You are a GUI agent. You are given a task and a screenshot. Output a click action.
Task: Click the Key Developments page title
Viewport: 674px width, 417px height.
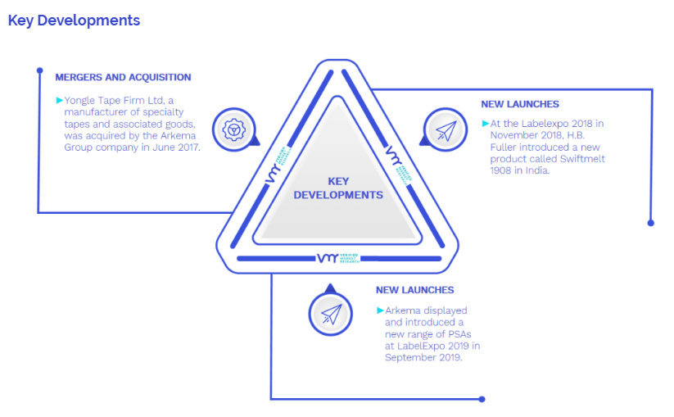click(x=74, y=20)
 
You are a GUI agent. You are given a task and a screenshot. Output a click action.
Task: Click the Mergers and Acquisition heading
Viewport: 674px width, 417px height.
click(x=123, y=77)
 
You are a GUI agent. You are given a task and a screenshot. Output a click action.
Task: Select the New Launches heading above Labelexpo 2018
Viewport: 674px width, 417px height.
click(x=520, y=104)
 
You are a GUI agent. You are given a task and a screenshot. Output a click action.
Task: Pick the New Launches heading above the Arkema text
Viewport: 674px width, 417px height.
click(x=414, y=290)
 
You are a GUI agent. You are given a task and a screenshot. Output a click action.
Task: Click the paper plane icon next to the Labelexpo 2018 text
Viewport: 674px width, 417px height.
click(x=446, y=131)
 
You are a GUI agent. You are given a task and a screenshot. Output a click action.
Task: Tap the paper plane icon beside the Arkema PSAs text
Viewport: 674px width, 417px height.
click(x=330, y=314)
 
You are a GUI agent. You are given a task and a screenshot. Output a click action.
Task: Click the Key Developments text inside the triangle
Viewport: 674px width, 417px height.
click(x=337, y=188)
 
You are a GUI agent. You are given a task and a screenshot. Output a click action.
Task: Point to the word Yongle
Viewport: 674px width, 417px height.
click(x=79, y=100)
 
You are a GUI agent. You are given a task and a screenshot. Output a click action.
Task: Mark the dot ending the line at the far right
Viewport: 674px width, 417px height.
click(x=651, y=222)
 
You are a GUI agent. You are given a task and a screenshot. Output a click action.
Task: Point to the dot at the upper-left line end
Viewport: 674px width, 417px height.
click(x=39, y=70)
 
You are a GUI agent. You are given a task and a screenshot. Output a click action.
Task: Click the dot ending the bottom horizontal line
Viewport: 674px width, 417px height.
click(x=482, y=399)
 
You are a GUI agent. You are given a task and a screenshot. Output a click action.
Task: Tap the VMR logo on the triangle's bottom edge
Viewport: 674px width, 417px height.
click(x=337, y=258)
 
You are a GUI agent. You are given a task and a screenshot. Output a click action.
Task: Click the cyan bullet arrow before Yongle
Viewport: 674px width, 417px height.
click(x=59, y=100)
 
